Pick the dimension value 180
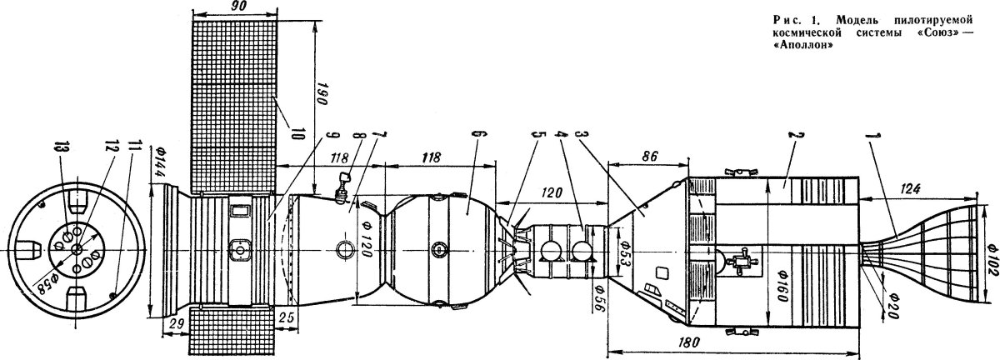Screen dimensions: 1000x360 coord(690,343)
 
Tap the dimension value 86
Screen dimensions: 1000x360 coord(650,157)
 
